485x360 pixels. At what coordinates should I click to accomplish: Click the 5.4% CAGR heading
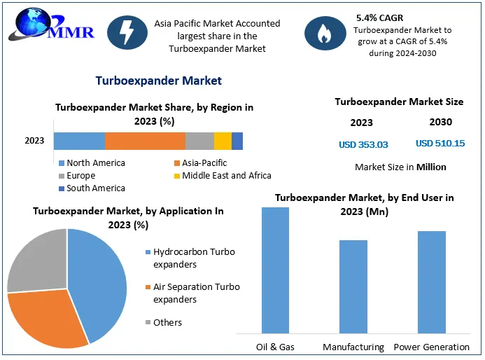pyautogui.click(x=379, y=17)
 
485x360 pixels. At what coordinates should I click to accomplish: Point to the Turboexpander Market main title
pyautogui.click(x=159, y=81)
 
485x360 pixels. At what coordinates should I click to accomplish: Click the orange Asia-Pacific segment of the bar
pyautogui.click(x=145, y=141)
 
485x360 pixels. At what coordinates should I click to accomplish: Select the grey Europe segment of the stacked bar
pyautogui.click(x=199, y=141)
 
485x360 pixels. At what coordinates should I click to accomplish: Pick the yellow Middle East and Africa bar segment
pyautogui.click(x=223, y=141)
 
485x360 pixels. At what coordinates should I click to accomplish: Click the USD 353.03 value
pyautogui.click(x=363, y=145)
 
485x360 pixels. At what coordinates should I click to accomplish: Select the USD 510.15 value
pyautogui.click(x=440, y=144)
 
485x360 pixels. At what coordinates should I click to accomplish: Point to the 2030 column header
pyautogui.click(x=440, y=122)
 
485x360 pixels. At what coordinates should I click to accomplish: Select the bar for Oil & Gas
pyautogui.click(x=275, y=270)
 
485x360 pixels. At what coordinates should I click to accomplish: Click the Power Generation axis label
pyautogui.click(x=432, y=347)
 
